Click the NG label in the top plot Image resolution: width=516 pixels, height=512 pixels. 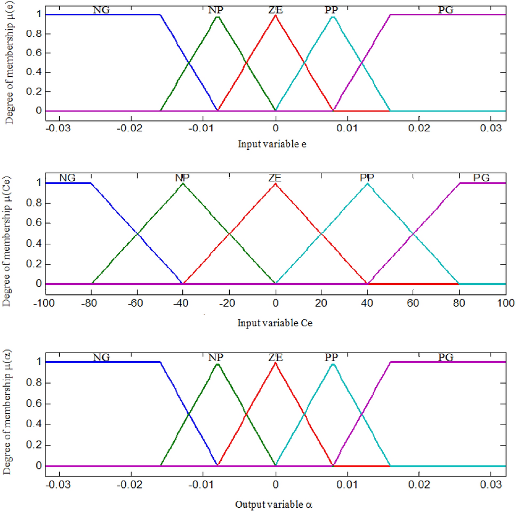(x=102, y=10)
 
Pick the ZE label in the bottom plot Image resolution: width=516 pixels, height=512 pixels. (x=275, y=357)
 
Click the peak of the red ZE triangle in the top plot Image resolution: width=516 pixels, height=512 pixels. (x=275, y=15)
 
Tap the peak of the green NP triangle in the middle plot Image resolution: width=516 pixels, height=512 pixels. (x=183, y=183)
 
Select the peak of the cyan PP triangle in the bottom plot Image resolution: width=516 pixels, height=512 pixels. (x=333, y=364)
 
